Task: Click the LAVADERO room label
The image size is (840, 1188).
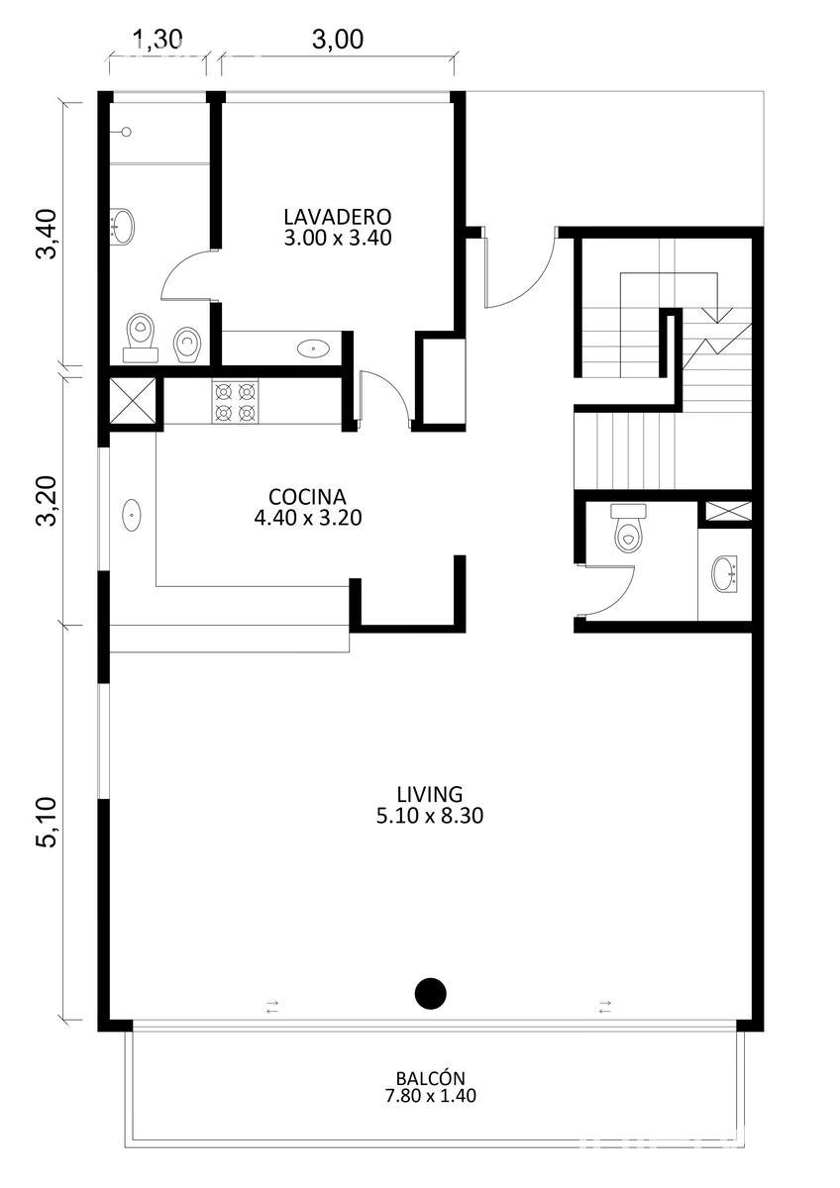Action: click(338, 217)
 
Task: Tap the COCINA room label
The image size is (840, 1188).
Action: click(307, 497)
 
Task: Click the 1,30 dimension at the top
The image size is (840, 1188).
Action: click(157, 40)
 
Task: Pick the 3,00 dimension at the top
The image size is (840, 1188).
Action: click(338, 40)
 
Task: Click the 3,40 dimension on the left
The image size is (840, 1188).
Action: click(47, 234)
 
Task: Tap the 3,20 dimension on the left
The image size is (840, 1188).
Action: click(47, 501)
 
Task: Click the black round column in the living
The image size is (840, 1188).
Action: click(430, 993)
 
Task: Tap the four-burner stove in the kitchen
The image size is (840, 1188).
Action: click(235, 402)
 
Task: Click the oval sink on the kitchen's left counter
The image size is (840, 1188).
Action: click(132, 515)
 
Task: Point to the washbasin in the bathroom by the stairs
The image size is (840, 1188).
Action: click(724, 573)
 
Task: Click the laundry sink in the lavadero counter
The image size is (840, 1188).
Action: click(313, 348)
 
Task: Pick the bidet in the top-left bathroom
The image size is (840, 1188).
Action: click(187, 345)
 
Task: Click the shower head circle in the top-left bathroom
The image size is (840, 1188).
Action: click(126, 132)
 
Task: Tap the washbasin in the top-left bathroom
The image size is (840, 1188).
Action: click(122, 227)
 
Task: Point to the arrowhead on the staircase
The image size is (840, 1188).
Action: click(717, 316)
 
